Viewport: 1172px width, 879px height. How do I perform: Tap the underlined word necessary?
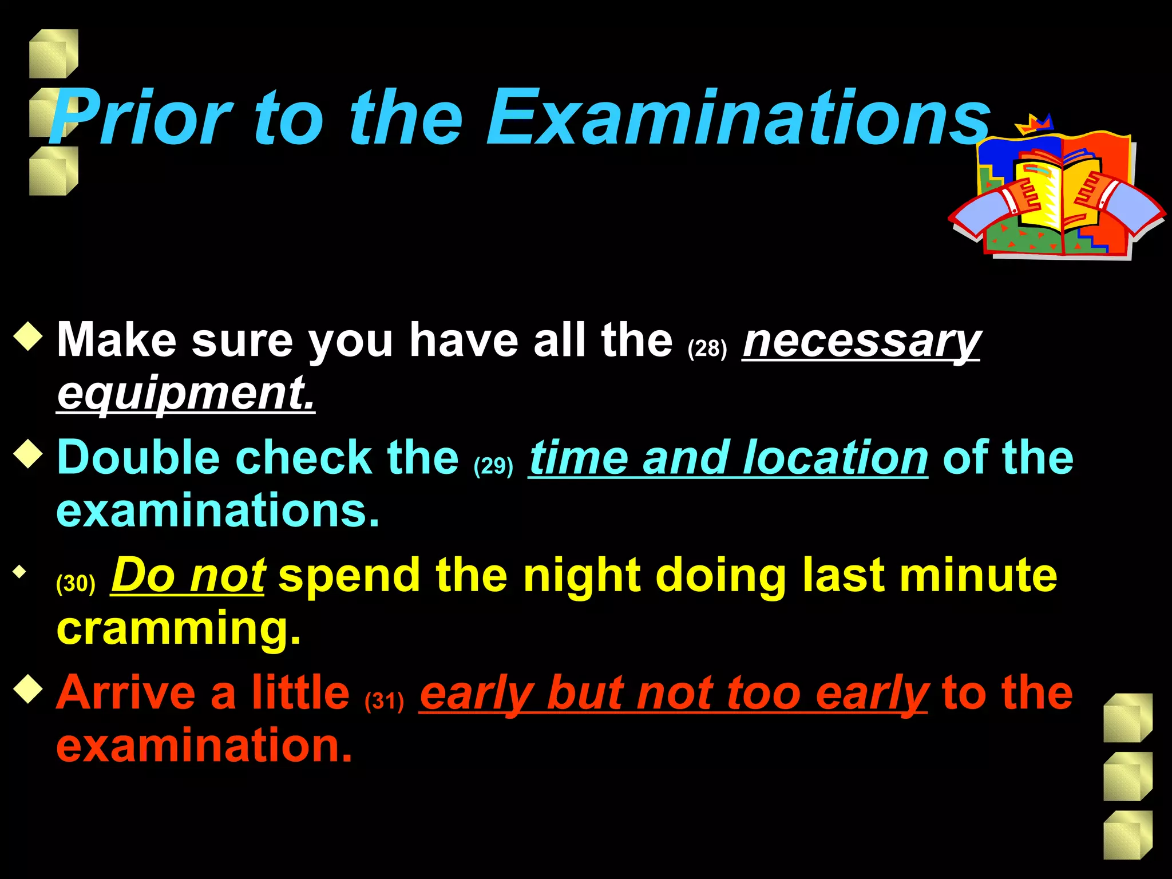tap(861, 341)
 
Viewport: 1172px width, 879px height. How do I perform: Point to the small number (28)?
tap(707, 348)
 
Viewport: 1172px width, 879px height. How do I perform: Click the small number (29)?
tap(493, 466)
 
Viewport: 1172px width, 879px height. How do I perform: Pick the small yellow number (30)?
tap(76, 583)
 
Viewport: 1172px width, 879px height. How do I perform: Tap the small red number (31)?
tap(384, 700)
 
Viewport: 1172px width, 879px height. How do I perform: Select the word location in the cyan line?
tap(835, 458)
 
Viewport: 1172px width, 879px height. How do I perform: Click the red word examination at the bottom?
tap(204, 746)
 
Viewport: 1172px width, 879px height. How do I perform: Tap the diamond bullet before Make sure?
tap(28, 336)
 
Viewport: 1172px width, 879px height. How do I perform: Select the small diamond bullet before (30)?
tap(21, 571)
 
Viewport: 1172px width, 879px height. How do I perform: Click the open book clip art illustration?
tap(1056, 192)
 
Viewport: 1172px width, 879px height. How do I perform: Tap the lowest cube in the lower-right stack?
tap(1127, 835)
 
